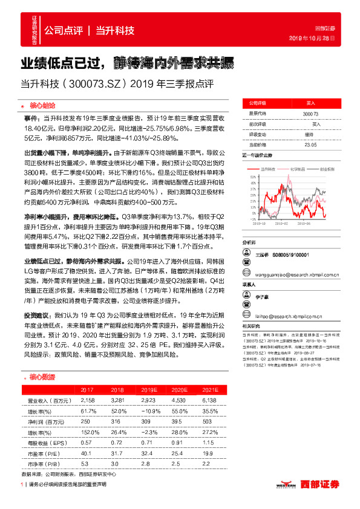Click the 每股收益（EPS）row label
coord(47,443)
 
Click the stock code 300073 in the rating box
coord(310,114)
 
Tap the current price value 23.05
coord(310,144)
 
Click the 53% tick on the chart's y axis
coord(251,175)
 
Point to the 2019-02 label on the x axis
coord(286,222)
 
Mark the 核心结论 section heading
coord(41,104)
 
